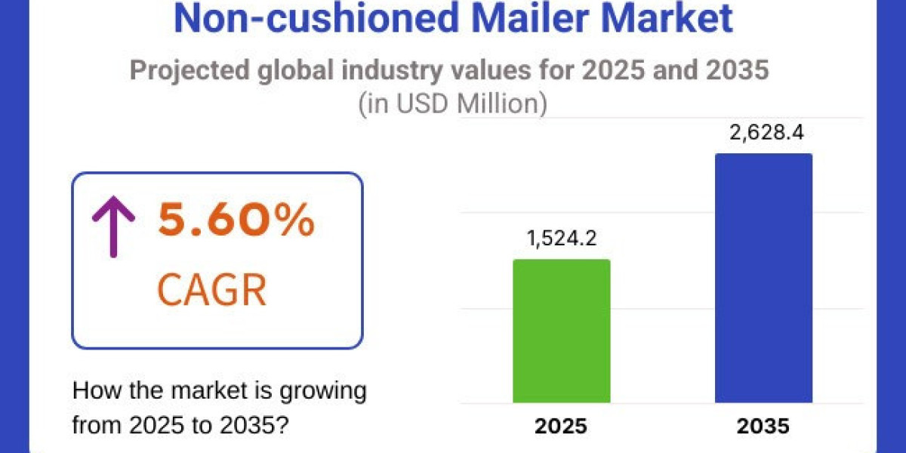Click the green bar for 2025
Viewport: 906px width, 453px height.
tap(561, 331)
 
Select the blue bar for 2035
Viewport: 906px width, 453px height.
tap(763, 278)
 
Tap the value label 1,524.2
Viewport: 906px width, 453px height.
tap(562, 240)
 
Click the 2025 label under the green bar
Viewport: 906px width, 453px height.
tap(561, 426)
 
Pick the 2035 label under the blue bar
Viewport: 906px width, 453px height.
tap(763, 426)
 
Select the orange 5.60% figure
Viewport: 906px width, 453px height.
tap(235, 222)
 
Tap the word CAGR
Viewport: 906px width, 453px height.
tap(211, 291)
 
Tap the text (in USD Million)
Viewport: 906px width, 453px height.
tap(451, 104)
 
